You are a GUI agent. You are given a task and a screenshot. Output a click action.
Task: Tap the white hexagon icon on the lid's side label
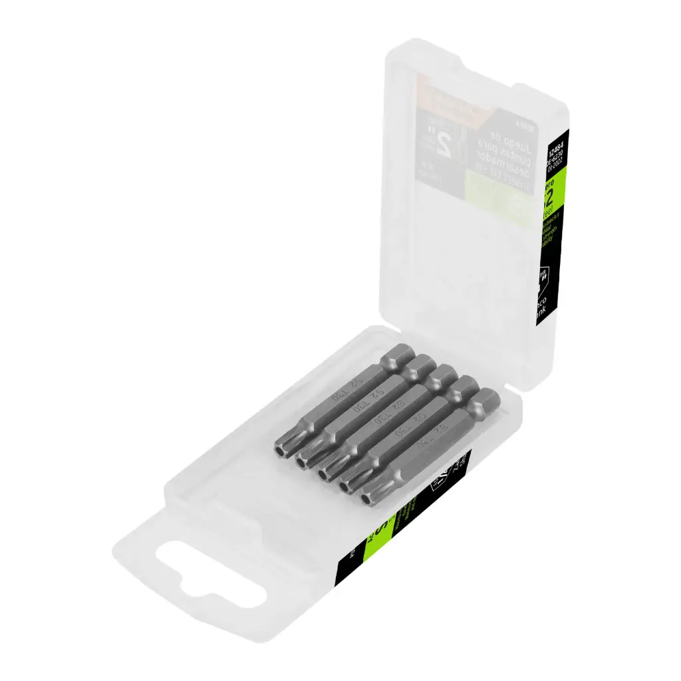coord(544,277)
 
